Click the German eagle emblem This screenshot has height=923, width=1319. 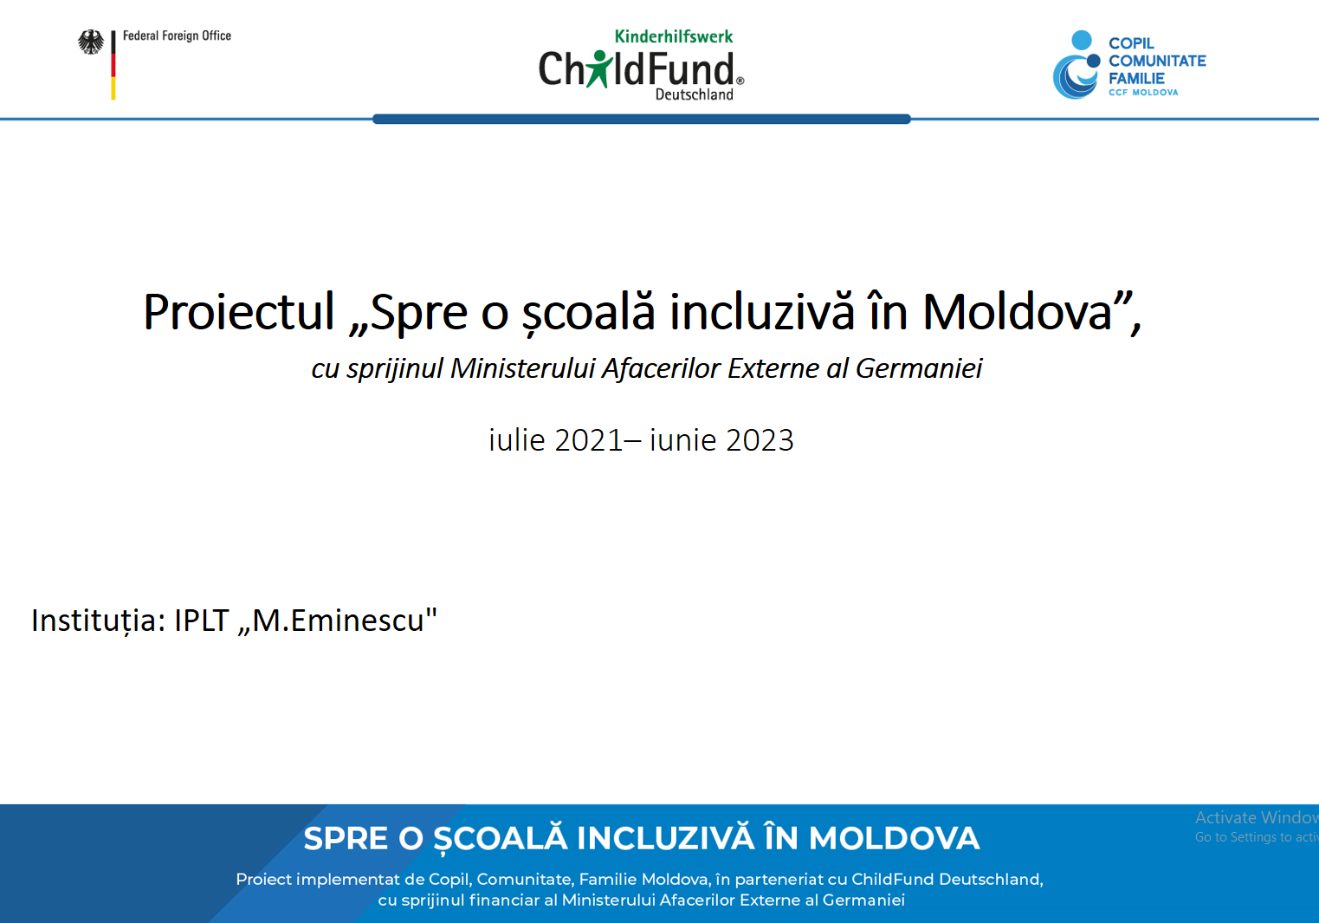(x=91, y=42)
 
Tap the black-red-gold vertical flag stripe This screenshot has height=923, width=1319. (x=113, y=65)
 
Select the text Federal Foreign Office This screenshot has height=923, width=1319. (x=177, y=36)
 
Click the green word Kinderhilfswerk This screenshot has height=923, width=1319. (x=674, y=36)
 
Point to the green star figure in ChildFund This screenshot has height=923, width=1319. (x=599, y=68)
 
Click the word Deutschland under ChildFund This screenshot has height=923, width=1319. (x=695, y=94)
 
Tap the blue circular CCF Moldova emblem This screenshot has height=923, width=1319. (x=1077, y=65)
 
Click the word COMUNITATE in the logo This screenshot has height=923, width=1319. (x=1157, y=61)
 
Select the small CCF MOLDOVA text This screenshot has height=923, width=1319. (x=1143, y=93)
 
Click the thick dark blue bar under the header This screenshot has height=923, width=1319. (x=641, y=119)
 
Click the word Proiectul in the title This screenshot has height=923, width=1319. (x=238, y=311)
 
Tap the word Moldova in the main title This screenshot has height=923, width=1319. (x=1017, y=311)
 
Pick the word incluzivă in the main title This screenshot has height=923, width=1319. (x=761, y=311)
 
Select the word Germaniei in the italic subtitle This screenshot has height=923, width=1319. (x=919, y=368)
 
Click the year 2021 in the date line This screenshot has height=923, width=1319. (x=588, y=440)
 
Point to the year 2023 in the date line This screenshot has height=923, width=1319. (x=760, y=440)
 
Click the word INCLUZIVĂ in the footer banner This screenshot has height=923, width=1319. (x=665, y=838)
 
